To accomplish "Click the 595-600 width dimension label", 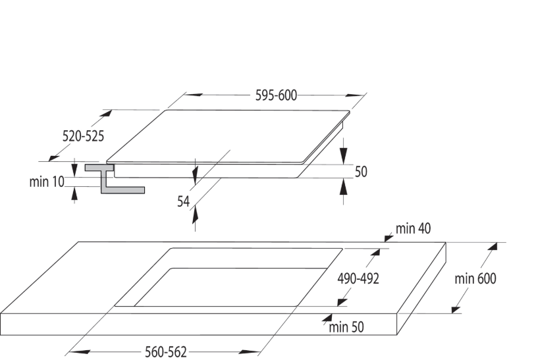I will (276, 95).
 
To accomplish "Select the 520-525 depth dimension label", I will (83, 136).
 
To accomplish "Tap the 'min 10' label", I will (47, 181).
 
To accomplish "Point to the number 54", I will (184, 201).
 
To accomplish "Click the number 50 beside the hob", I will (361, 172).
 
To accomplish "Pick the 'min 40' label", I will (414, 229).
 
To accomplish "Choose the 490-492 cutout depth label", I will (358, 278).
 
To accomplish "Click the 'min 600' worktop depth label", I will (475, 278).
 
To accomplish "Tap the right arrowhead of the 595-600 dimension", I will (356, 95).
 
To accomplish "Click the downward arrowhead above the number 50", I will (343, 158).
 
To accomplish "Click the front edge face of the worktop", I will (198, 324).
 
